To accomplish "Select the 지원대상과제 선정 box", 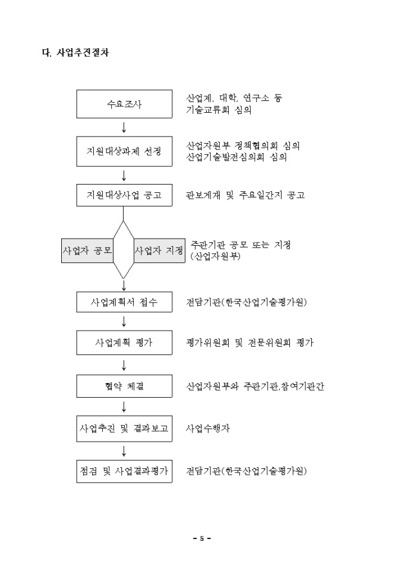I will coord(124,152).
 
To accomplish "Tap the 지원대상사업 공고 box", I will coord(124,195).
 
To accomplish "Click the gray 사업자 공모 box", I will coord(88,250).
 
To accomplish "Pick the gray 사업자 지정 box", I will coord(159,250).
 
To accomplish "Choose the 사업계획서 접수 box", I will coord(124,302).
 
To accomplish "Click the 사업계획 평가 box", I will coord(124,343).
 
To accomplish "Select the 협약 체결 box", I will coord(124,386).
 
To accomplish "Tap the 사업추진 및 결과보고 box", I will coord(124,429).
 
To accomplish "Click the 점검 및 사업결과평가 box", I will coord(124,471).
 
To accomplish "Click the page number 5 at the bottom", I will coord(202,539).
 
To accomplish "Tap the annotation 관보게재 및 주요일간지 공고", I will coord(245,195).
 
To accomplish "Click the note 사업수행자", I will coord(208,429).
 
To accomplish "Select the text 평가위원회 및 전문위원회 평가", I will coord(250,343).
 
